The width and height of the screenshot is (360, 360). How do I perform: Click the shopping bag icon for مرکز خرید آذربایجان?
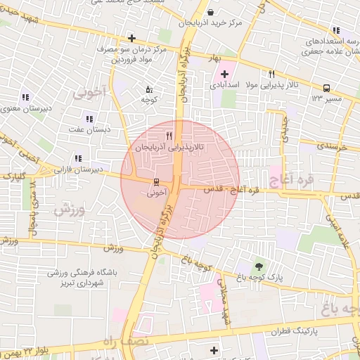pyautogui.click(x=212, y=11)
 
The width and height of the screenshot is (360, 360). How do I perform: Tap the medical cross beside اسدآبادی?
pyautogui.click(x=225, y=74)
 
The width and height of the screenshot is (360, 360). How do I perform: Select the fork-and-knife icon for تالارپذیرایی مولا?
pyautogui.click(x=271, y=74)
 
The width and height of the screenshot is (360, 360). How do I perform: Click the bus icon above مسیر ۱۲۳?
pyautogui.click(x=326, y=88)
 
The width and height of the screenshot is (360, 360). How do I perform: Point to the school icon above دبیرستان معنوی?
pyautogui.click(x=26, y=97)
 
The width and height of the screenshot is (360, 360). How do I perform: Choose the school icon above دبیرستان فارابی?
pyautogui.click(x=77, y=158)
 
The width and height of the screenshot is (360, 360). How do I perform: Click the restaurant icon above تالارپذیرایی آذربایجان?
pyautogui.click(x=168, y=136)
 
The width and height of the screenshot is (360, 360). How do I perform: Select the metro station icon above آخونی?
pyautogui.click(x=156, y=179)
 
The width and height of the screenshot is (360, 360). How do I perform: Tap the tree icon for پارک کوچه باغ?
pyautogui.click(x=259, y=266)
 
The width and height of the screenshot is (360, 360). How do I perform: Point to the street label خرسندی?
pyautogui.click(x=333, y=146)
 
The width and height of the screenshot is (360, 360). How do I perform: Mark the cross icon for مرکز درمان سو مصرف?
pyautogui.click(x=131, y=37)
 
